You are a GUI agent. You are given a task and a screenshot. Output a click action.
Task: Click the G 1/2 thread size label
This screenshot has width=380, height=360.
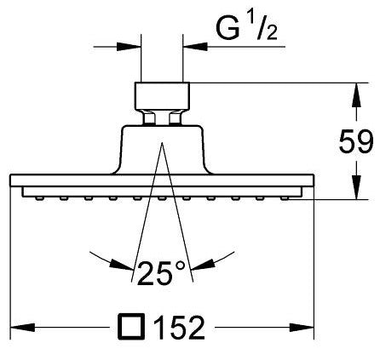pyautogui.click(x=246, y=29)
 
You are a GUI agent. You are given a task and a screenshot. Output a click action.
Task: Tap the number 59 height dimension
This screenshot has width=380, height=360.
pyautogui.click(x=356, y=141)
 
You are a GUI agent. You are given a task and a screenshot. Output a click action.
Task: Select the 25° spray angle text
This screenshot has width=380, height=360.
pyautogui.click(x=161, y=273)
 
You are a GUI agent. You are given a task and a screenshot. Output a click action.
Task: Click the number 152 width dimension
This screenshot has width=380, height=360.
pyautogui.click(x=180, y=328)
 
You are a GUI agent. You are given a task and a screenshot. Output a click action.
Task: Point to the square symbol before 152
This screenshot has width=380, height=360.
pyautogui.click(x=131, y=327)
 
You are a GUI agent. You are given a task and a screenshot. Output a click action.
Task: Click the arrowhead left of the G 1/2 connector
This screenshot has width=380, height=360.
pyautogui.click(x=129, y=47)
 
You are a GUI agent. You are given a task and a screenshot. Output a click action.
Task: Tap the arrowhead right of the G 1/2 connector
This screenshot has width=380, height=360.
pyautogui.click(x=195, y=47)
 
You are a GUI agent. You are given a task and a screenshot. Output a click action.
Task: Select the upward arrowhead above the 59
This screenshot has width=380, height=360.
pyautogui.click(x=356, y=94)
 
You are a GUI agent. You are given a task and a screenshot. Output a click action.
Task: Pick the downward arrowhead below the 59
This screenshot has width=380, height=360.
pyautogui.click(x=356, y=187)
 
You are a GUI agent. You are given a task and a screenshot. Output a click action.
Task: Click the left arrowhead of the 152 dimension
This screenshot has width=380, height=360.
pyautogui.click(x=22, y=328)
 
